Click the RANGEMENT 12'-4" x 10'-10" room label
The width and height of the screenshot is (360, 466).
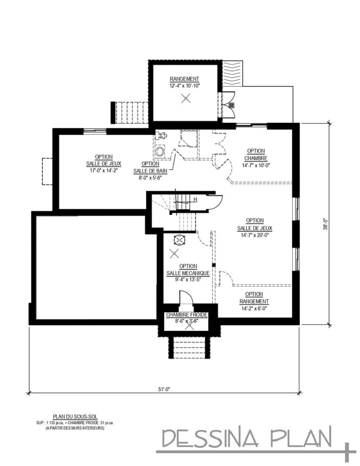[184, 82]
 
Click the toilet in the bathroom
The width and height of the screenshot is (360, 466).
[160, 151]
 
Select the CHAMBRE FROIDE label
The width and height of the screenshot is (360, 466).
[187, 315]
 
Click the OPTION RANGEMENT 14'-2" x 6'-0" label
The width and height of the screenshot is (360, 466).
[254, 301]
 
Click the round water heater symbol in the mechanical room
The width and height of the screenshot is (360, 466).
[180, 240]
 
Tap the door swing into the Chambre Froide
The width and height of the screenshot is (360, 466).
[186, 300]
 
